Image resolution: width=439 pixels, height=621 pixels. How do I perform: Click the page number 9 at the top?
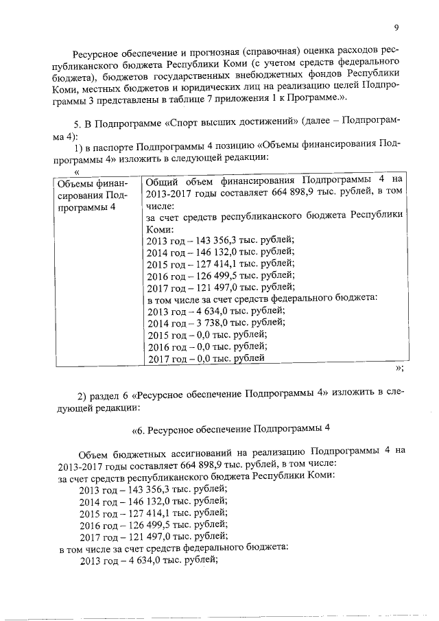click(x=396, y=27)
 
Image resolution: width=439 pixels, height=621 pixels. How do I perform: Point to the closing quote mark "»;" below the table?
click(x=399, y=368)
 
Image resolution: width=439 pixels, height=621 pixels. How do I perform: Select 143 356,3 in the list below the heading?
click(x=141, y=489)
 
